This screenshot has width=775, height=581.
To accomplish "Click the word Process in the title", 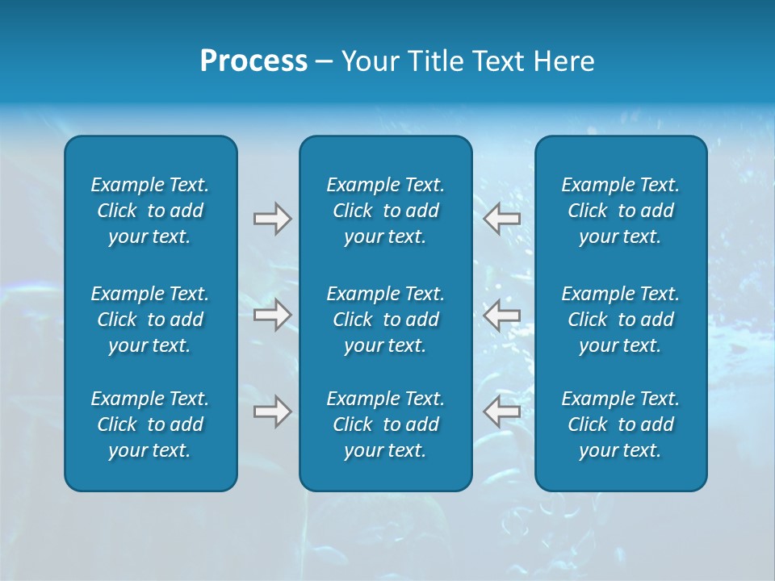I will pos(253,61).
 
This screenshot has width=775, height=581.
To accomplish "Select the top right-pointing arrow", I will pos(272,218).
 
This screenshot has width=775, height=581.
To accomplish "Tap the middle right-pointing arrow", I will pos(272,315).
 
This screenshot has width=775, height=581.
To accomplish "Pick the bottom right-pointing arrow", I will pos(272,412).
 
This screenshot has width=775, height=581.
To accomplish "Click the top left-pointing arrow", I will pos(501,218).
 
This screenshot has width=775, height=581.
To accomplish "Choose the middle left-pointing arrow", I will pos(501,315).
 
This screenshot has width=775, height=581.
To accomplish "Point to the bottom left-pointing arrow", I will pos(501,412).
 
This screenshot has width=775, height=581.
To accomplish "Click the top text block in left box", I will pos(150,211).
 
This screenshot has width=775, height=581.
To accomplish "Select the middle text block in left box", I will pos(150,320).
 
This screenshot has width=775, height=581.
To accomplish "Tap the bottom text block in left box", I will pos(150,424).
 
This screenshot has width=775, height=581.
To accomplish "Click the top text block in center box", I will pos(385,211).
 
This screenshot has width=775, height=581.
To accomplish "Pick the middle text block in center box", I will pos(385,320).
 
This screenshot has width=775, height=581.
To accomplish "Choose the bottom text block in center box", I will pos(385,424).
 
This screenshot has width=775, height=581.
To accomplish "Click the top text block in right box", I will pos(621,211).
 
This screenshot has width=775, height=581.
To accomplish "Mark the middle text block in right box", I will pos(621,320).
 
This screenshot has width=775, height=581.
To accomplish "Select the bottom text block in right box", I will pos(621,424).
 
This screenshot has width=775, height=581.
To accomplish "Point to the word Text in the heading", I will pos(493,61).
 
